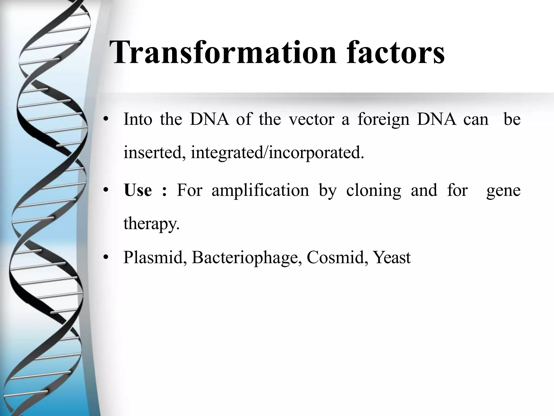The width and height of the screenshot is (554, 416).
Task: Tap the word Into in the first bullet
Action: point(138,119)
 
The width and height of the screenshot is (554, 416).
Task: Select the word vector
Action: point(311,119)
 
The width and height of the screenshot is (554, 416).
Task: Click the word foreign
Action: point(383,120)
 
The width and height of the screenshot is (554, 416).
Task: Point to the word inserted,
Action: point(154,153)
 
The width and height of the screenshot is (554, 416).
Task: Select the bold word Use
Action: point(138,190)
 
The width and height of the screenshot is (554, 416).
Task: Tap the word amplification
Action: point(260,190)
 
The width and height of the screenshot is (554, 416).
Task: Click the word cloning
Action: point(374,191)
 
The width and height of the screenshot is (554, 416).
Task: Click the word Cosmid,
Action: point(337,257)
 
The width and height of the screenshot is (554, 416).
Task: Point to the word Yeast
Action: point(392,257)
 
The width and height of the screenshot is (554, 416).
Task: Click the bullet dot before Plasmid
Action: point(106,258)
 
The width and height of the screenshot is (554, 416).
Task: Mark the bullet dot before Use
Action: point(106,190)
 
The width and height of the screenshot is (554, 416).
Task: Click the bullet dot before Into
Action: point(106,119)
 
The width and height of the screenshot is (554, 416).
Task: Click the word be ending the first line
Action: point(512,119)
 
